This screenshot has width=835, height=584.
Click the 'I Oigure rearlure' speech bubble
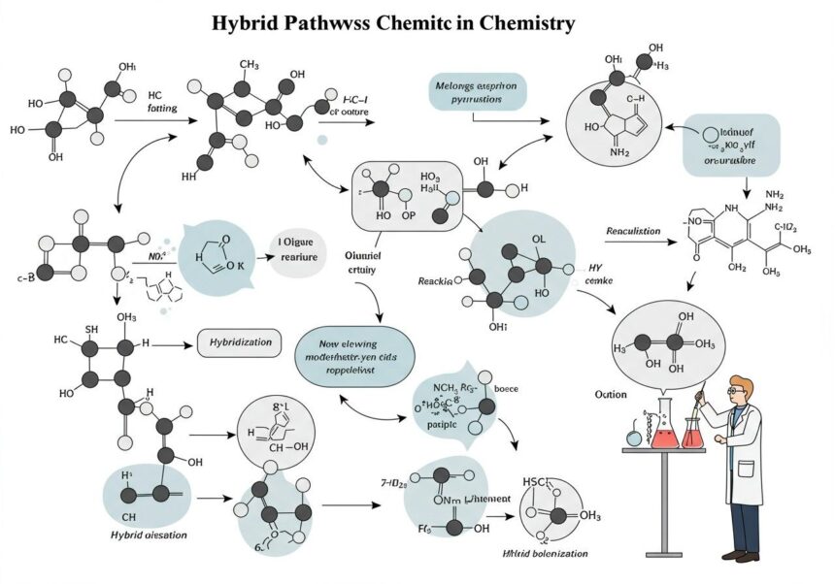pos(301,249)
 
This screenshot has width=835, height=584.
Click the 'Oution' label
pos(612,396)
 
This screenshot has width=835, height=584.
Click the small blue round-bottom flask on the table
pos(633,438)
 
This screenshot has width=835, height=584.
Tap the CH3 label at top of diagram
pos(248,64)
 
